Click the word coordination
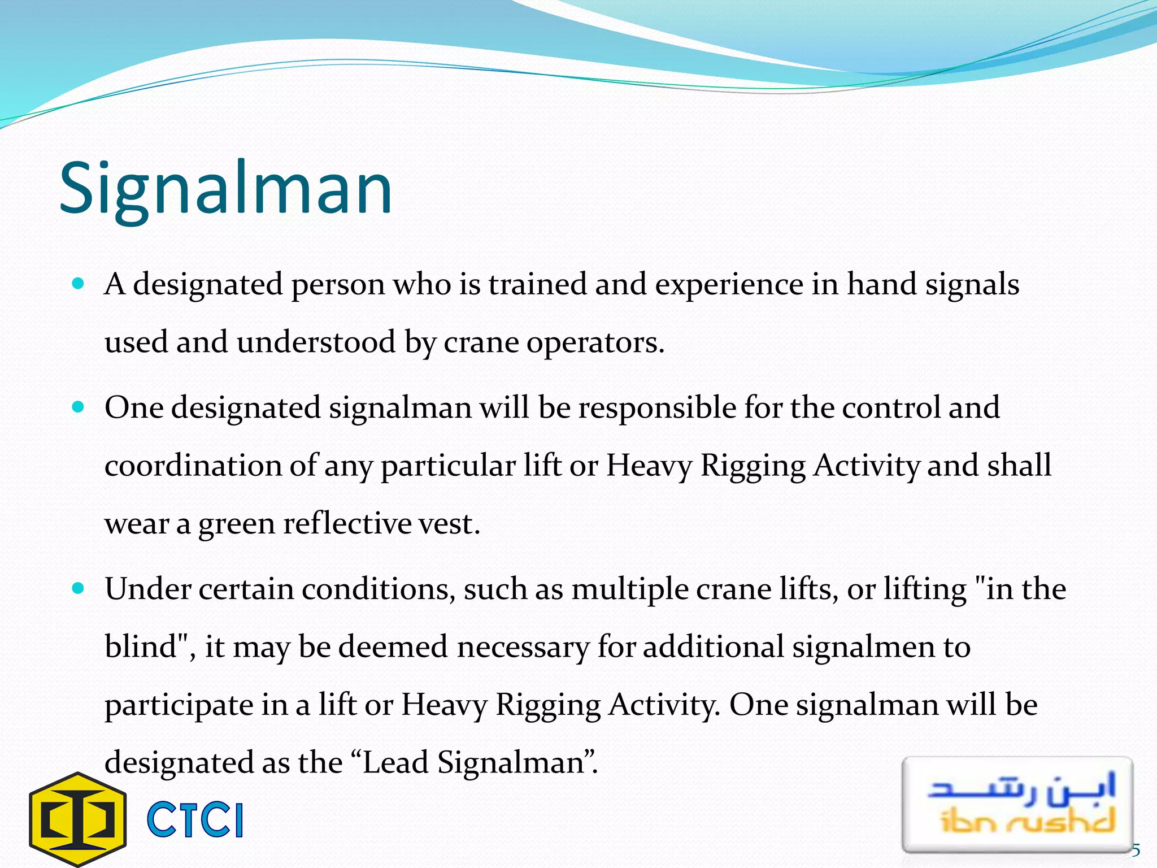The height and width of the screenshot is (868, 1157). (x=193, y=466)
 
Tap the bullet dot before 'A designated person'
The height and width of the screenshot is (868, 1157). (x=79, y=283)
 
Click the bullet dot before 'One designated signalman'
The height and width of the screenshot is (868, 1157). (x=79, y=407)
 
